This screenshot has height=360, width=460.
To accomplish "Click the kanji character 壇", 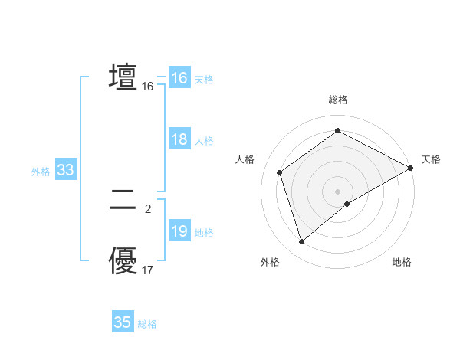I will pos(123,78).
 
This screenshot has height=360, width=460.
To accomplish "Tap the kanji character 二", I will pos(123,201).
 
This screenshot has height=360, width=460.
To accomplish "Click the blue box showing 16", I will pos(179,78).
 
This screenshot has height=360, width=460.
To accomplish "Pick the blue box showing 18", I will pos(179,139).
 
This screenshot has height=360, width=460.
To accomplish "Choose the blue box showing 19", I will pos(179,231).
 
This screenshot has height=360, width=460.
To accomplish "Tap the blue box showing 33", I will pos(65,170).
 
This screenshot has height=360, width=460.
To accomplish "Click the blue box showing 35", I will pos(123,322).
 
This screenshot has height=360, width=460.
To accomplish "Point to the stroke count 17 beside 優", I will pos(148,270).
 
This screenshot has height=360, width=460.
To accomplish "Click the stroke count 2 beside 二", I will pos(148,208).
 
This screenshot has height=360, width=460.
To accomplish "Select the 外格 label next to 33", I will pos(41,172).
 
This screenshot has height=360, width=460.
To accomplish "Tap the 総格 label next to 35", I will pos(147,324).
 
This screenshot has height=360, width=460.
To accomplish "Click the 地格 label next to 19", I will pos(204,233).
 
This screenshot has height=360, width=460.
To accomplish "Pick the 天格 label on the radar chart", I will pos(431,159).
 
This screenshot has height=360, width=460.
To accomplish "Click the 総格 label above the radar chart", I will pos(338,100).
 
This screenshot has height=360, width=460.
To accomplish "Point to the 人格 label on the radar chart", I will pos(245,159).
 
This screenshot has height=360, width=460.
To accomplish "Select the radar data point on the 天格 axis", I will pos(411,168).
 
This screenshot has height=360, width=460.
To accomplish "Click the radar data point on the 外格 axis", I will pos(302,242).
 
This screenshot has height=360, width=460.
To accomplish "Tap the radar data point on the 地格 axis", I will pos(347,204).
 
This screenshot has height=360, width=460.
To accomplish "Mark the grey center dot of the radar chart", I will pos(338,191).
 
